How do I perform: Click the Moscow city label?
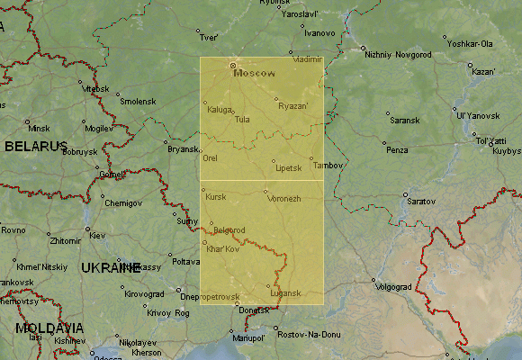point(254,74)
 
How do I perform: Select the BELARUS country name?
point(36,146)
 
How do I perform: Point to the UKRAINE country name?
point(111,267)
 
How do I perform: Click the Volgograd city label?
point(392,287)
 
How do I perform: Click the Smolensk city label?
point(138,101)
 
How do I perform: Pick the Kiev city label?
point(96,236)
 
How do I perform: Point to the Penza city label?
point(397,149)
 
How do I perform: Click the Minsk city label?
point(39,129)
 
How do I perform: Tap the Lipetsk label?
point(289,168)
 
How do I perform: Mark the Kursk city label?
point(216,196)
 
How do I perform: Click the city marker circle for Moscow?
point(232,65)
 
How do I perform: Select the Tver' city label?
point(209,38)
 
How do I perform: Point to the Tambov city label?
point(328,166)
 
